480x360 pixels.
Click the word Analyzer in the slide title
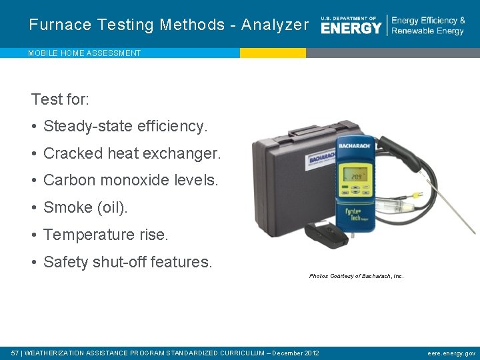point(275,25)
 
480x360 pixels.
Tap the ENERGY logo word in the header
point(351,27)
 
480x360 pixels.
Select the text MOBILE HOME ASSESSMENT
point(85,53)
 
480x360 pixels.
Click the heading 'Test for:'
point(60,100)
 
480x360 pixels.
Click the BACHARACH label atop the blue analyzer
point(355,145)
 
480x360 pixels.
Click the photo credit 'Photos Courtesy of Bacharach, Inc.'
point(356,276)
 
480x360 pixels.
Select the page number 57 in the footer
point(15,353)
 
